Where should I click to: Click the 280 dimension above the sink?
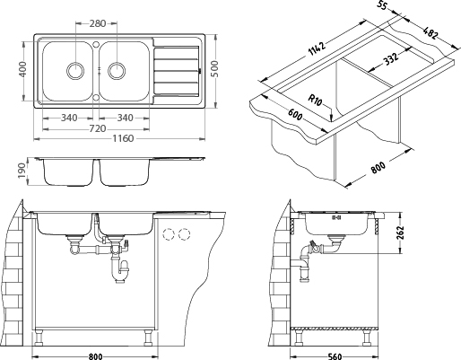98,23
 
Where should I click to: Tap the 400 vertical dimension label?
22,69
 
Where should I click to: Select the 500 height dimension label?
214,69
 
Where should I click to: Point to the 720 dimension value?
98,128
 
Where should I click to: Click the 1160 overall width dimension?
123,138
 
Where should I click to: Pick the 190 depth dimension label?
22,171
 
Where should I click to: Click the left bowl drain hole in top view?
74,71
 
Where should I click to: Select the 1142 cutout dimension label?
317,48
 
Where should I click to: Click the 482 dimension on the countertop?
431,33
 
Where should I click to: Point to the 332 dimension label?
391,58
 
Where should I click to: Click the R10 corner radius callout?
315,100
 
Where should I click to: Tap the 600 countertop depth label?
295,114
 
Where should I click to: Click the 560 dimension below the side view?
335,356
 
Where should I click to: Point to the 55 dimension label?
382,6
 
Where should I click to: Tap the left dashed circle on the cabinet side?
168,234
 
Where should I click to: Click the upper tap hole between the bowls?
96,44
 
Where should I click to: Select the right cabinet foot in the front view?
148,338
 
